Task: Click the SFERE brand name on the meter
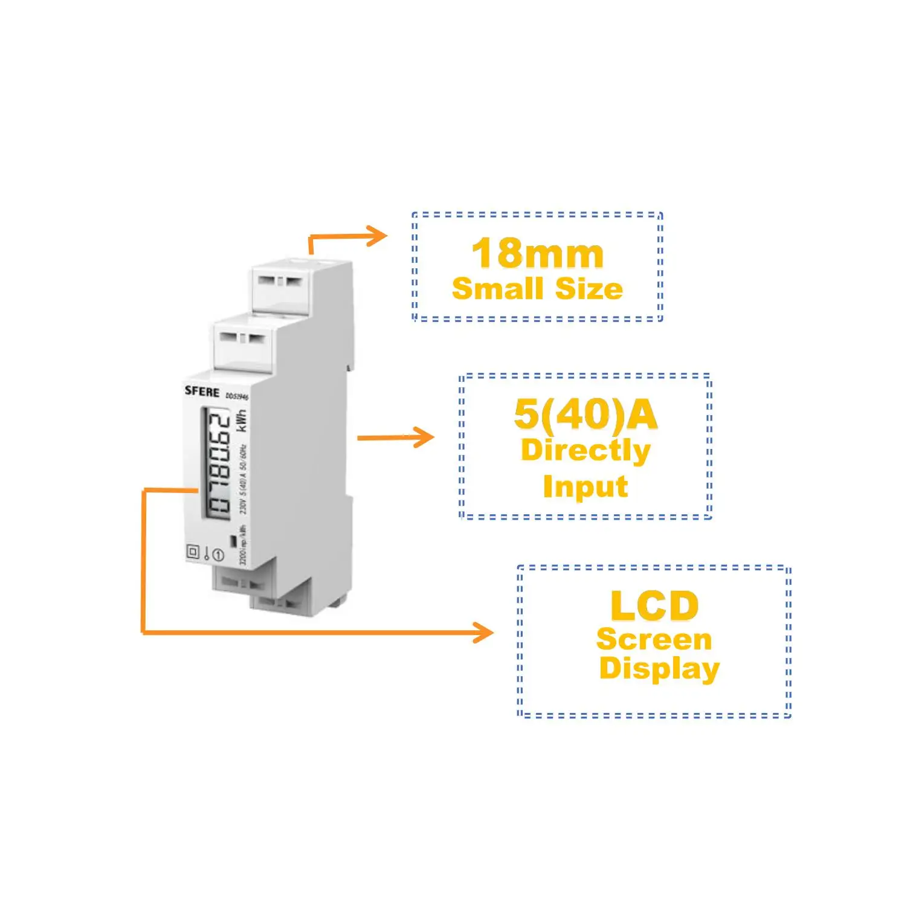click(x=202, y=391)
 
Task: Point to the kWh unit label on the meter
click(x=242, y=421)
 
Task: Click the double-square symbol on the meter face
click(x=193, y=551)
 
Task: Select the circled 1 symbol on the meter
click(x=218, y=555)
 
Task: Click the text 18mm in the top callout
click(x=537, y=254)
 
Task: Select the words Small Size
click(x=537, y=289)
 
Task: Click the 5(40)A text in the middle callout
click(x=585, y=415)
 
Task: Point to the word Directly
click(x=585, y=451)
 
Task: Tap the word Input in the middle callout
click(x=585, y=487)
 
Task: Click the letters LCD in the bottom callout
click(x=654, y=606)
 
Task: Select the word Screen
click(x=654, y=640)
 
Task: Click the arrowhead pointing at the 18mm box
click(x=379, y=235)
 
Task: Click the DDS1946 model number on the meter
click(x=237, y=396)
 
